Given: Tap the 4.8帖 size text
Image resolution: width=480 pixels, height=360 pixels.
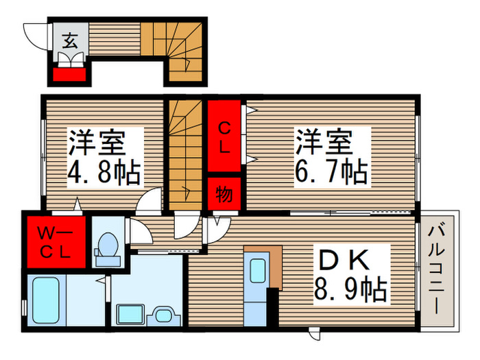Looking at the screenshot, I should [104, 171].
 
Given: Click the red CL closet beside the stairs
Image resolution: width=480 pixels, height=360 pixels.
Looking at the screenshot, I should [224, 136].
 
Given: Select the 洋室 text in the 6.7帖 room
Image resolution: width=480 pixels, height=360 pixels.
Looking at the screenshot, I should [323, 143].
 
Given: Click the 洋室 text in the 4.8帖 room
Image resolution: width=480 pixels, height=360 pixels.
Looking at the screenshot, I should [95, 143].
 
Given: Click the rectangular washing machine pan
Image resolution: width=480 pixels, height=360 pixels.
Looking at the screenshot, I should [130, 315].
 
